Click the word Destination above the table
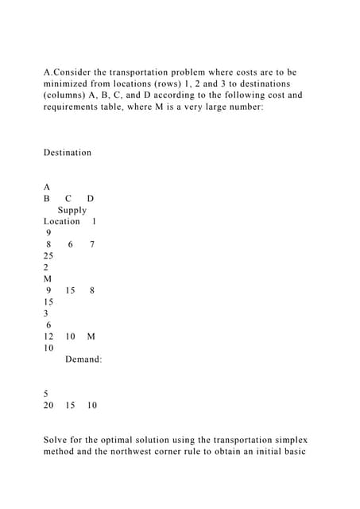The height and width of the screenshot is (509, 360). click(68, 153)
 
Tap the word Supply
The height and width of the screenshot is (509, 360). click(72, 210)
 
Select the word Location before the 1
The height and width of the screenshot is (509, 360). click(62, 221)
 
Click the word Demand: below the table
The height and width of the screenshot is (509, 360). click(83, 360)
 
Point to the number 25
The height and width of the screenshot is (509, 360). click(48, 256)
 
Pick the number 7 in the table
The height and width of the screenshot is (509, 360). click(93, 245)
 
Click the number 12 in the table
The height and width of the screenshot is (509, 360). click(48, 336)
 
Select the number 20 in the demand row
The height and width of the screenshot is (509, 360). click(48, 406)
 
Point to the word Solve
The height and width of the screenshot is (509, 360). click(57, 440)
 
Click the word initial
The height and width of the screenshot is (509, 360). click(266, 452)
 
